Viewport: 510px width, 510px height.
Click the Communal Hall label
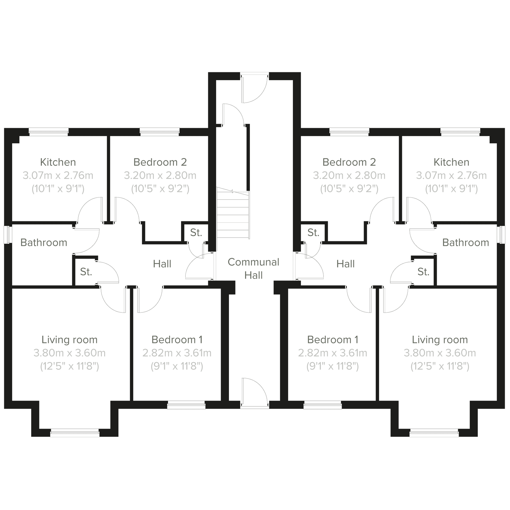point(253,268)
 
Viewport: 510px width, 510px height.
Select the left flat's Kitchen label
point(58,162)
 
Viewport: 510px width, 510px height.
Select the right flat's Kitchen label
point(451,162)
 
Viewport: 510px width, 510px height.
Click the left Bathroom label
point(44,243)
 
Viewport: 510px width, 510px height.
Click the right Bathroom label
point(466,243)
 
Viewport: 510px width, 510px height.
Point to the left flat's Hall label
point(162,264)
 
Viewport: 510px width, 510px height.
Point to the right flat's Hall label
point(345,264)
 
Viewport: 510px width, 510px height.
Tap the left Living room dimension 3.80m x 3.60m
point(69,353)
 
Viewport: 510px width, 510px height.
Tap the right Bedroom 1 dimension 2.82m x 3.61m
point(333,353)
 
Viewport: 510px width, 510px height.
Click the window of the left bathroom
point(8,235)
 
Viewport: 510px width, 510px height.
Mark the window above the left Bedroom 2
point(160,132)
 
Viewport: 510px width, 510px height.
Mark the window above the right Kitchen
point(460,132)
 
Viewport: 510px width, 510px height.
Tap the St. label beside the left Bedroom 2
point(196,233)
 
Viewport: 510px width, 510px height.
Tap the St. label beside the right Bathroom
point(423,272)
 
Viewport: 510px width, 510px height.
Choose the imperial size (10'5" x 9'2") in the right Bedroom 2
point(349,188)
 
